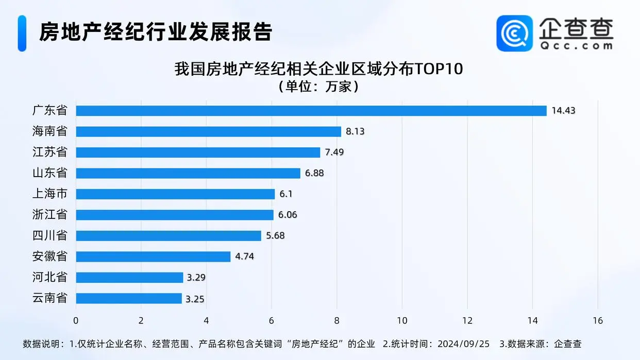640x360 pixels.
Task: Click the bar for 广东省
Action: pos(311,111)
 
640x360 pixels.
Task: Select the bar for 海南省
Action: pos(209,131)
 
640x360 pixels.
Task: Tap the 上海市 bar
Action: pos(175,194)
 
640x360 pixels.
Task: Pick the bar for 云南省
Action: pos(129,298)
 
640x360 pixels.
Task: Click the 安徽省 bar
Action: pos(153,256)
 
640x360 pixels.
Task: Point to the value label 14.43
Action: pos(563,111)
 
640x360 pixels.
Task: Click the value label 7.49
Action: pos(334,152)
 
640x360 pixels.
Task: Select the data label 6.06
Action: pos(288,215)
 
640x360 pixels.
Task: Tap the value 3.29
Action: pos(197,278)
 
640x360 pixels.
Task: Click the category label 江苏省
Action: pos(49,152)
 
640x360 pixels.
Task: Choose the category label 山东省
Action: pos(49,173)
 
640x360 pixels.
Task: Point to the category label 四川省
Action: pos(49,236)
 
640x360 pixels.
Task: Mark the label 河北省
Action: pos(49,278)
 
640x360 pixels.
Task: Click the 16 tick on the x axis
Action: pos(598,320)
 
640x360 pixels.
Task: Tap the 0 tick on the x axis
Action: pos(76,320)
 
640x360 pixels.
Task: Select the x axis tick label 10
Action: pos(402,320)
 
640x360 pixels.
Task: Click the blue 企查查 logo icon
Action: pos(514,33)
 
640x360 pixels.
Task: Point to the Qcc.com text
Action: pos(576,45)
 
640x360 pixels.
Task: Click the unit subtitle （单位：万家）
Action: pos(319,86)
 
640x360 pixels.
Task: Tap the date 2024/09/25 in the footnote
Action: pos(464,344)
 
